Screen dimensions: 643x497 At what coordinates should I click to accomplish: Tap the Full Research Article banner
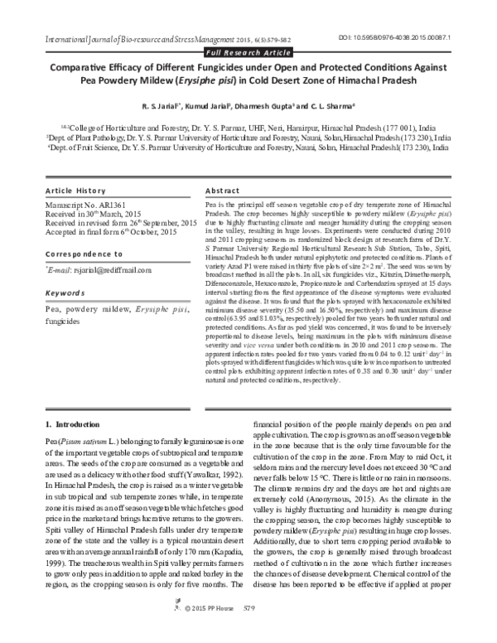point(248,53)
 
